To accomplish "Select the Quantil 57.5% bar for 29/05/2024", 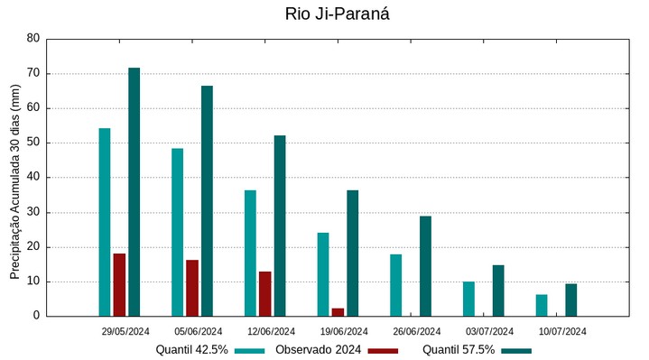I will pos(134,191).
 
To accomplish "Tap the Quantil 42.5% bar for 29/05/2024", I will pos(105,222).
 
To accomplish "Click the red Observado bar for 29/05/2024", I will pos(119,284).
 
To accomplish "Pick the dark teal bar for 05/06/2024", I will pos(207,200).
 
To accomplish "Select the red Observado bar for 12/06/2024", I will pos(264,293).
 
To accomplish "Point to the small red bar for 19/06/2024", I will pos(338,311).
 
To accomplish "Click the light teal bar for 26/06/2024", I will pos(395,284).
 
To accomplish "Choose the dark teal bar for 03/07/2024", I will pos(498,290).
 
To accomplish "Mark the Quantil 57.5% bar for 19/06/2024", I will pos(352,253).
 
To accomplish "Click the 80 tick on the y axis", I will pos(33,39).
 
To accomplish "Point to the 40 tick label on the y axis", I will pos(33,178).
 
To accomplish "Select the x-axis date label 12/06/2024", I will pos(271,331).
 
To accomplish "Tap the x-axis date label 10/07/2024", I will pos(562,331).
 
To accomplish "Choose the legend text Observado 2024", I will pos(318,350).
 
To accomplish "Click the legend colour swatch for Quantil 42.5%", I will pos(250,350).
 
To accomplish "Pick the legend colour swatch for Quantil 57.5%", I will pos(516,350).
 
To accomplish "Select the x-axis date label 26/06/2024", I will pos(417,331).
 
